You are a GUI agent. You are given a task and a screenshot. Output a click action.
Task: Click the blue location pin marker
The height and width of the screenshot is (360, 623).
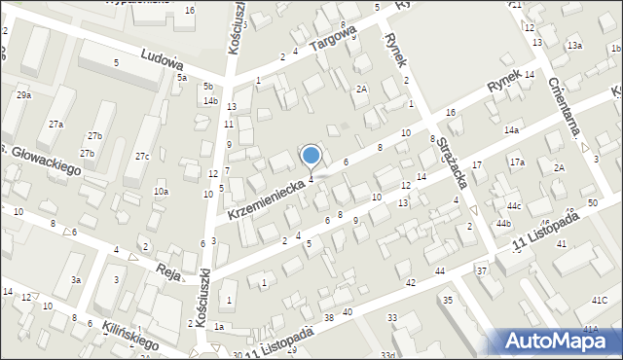point(311,156)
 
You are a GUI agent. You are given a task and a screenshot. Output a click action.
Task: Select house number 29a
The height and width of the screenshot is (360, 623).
point(23,95)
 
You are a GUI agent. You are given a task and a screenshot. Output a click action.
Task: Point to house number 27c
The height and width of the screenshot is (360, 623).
point(142,157)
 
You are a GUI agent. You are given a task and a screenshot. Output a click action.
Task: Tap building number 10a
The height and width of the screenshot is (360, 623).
point(161,193)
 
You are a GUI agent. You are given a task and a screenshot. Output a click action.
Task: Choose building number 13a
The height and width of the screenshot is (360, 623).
point(575,46)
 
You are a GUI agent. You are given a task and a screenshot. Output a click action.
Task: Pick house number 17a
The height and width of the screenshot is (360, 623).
point(516,162)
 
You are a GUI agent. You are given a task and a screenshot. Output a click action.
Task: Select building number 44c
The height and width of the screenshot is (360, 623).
point(513,206)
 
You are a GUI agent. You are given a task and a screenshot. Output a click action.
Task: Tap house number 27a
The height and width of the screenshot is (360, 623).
point(56,125)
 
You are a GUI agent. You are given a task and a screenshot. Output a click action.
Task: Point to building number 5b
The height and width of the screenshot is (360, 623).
point(208,87)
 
